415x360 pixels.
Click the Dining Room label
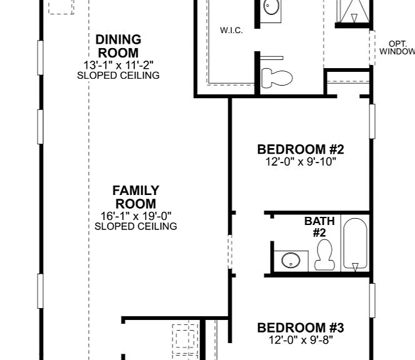(118, 46)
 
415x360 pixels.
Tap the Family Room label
(136, 197)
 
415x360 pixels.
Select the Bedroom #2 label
(301, 149)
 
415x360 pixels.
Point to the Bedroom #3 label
(301, 327)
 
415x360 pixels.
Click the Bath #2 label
(319, 227)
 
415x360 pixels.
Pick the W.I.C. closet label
(231, 30)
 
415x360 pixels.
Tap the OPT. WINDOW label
(397, 47)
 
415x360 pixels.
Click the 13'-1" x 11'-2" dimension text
(118, 65)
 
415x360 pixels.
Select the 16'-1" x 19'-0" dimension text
(136, 216)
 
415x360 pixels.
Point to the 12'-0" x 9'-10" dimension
(301, 161)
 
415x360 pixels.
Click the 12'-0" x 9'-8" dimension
(301, 340)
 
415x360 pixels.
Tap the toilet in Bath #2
(324, 254)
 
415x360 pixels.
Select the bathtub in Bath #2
(355, 244)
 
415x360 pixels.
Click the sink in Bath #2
(291, 261)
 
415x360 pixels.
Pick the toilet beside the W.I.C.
(277, 78)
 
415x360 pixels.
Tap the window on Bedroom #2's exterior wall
(372, 121)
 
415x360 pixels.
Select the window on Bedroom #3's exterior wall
(372, 301)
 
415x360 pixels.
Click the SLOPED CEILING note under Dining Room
(118, 76)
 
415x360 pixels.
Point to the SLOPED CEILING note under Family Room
(136, 226)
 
